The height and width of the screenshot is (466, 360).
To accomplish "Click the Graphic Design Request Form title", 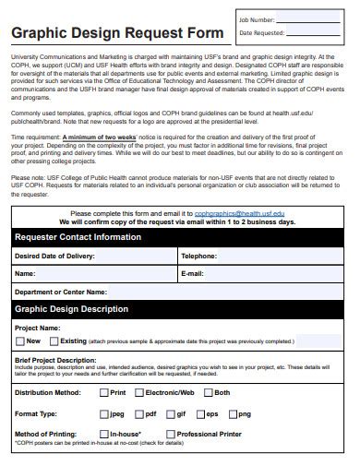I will coord(117,34).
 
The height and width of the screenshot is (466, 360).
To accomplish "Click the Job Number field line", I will coord(314,20).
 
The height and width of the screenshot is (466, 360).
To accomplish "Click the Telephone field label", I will coord(198,256).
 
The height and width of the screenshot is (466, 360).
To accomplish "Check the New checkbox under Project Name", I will coord(21,341).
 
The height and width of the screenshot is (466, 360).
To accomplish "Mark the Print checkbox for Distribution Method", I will coord(103,392).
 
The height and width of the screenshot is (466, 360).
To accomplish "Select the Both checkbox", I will coord(208,392).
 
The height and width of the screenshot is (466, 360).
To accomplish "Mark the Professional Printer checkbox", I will coord(171,433).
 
